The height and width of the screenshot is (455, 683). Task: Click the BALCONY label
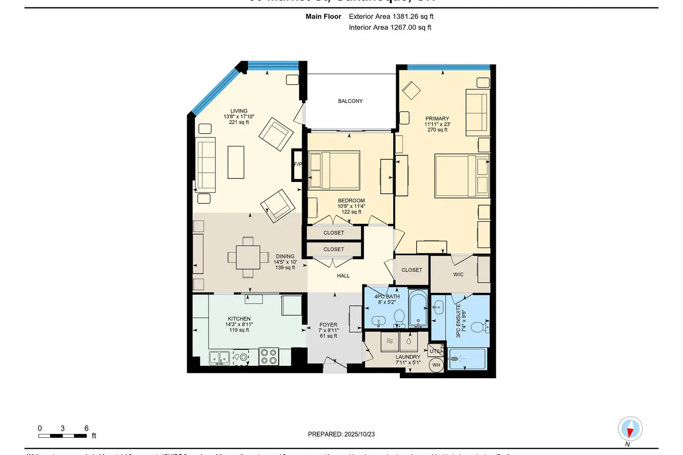coord(350,101)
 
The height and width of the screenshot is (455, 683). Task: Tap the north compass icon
coord(630,429)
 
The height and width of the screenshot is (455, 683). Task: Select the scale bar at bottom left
coord(62,435)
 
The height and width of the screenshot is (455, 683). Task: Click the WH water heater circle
coord(436,365)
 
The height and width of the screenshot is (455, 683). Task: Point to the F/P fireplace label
coord(298,164)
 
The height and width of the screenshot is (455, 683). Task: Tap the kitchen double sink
coord(219,358)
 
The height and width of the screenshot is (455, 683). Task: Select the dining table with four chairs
coord(248,258)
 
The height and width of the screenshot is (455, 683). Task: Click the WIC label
coord(459,274)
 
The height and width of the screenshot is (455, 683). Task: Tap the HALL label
coord(343,276)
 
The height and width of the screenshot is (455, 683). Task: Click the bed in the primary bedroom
coord(462,176)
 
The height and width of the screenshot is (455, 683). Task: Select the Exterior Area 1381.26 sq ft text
coord(391,16)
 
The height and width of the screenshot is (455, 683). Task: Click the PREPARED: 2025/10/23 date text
coord(341,434)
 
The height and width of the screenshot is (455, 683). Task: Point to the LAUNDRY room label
coord(408,357)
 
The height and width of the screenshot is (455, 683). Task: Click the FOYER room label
coord(328,325)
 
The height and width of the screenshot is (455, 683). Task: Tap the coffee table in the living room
coord(236,162)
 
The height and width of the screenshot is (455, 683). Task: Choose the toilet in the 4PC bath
coord(399,317)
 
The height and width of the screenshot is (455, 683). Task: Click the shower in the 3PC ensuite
coord(467,359)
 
